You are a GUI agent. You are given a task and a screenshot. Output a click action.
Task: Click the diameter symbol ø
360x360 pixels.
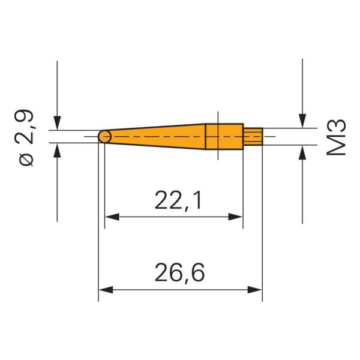click(27, 160)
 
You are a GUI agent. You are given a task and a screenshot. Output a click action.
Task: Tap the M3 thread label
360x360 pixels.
click(337, 137)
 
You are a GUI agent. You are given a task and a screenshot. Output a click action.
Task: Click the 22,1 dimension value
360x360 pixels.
click(178, 200)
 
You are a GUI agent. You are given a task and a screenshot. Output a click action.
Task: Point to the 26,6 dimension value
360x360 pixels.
click(180, 273)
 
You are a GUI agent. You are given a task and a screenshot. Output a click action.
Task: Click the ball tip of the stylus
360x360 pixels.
click(104, 137)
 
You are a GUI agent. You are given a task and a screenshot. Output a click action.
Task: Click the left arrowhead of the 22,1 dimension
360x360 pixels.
click(110, 217)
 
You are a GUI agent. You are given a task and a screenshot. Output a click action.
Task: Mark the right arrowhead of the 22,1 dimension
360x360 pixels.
click(238, 217)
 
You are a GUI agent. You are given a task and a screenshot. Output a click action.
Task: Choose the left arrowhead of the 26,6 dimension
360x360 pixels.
click(104, 289)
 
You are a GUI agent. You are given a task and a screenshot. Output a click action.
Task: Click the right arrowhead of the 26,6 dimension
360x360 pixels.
click(257, 289)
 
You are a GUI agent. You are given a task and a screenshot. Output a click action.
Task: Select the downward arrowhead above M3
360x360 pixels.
click(303, 122)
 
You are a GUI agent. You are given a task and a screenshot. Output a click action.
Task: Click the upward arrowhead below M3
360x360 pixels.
click(303, 151)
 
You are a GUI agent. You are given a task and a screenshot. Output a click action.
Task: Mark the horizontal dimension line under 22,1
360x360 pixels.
click(174, 217)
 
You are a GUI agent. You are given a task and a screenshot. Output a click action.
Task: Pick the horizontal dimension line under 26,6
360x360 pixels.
click(180, 289)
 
